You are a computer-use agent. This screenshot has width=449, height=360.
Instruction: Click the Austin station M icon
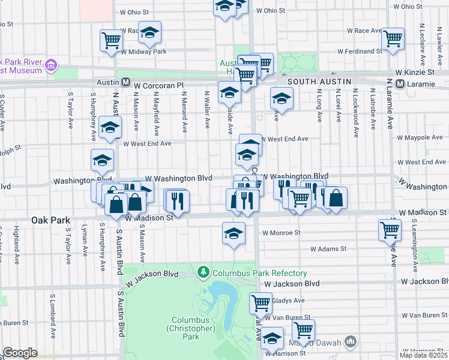coord(126,82)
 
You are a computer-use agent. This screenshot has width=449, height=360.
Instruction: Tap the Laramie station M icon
coord(402,85)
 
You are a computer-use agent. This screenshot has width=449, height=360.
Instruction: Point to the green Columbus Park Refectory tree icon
coord(204,273)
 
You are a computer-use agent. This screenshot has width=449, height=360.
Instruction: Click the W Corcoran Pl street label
coord(158,86)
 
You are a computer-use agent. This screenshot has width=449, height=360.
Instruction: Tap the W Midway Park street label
coord(143,51)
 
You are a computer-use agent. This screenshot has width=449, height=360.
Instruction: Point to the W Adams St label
coord(328,248)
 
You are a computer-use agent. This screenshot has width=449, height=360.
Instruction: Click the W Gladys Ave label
coord(288,301)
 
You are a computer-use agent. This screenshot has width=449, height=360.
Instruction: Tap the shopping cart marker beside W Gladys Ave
coord(261,302)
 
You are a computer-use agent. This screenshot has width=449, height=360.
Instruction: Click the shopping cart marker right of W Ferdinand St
coord(393,38)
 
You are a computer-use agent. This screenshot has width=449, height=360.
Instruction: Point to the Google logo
coord(20,353)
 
